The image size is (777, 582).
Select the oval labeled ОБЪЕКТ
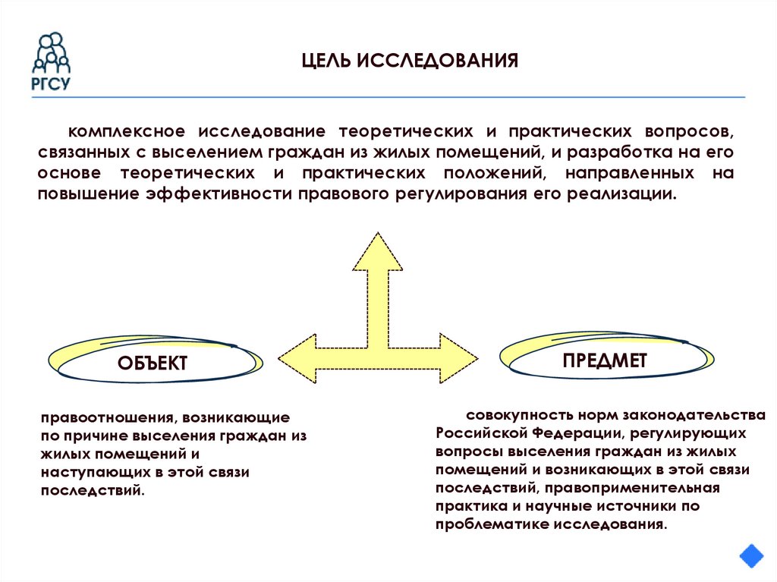[152, 363]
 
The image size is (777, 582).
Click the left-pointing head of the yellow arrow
[297, 357]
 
